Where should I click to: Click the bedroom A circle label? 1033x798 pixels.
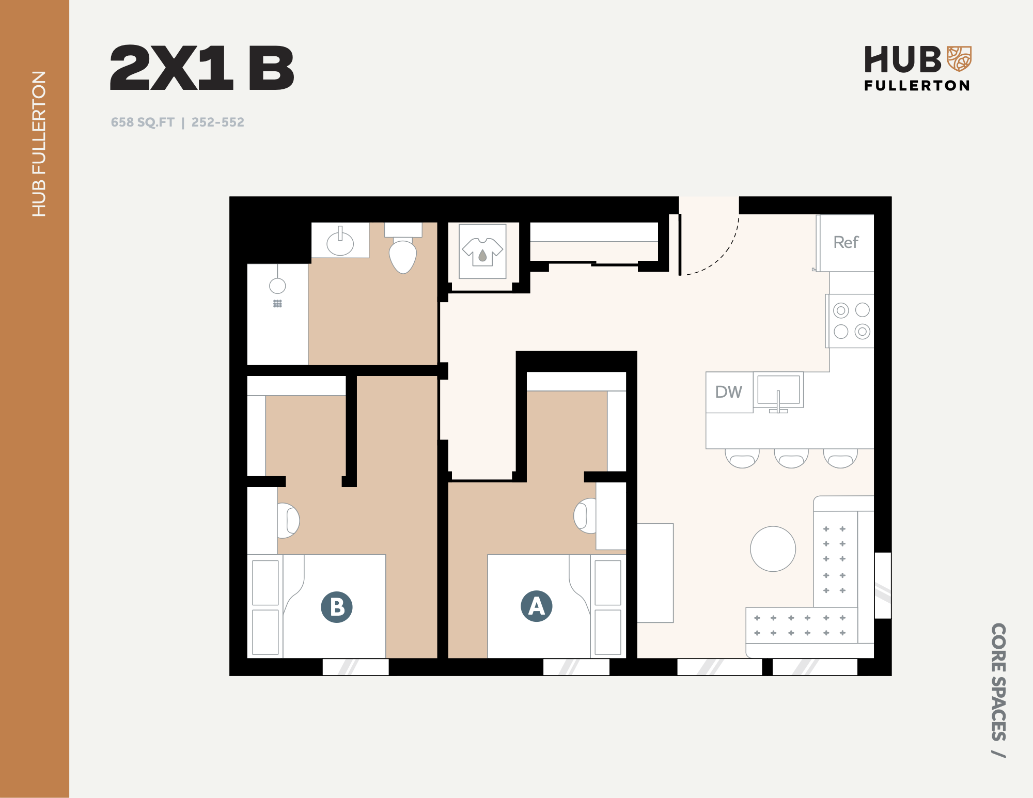(x=536, y=606)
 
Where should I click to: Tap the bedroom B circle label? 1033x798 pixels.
(x=337, y=607)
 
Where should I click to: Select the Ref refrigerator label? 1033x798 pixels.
(x=846, y=242)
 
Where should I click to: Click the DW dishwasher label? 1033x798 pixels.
(x=728, y=392)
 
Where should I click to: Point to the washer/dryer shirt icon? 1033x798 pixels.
(x=482, y=252)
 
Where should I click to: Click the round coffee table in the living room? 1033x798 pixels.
(x=773, y=549)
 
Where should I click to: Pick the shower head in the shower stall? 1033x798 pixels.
(x=277, y=286)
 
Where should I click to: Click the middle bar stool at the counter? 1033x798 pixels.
(x=791, y=458)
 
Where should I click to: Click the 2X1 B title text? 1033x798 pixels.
(x=202, y=68)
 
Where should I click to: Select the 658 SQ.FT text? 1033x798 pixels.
(x=143, y=122)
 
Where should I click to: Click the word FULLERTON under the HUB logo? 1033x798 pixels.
(x=917, y=85)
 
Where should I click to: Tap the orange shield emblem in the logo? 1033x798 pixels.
(x=959, y=58)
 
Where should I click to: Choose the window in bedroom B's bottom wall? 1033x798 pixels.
(x=355, y=667)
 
